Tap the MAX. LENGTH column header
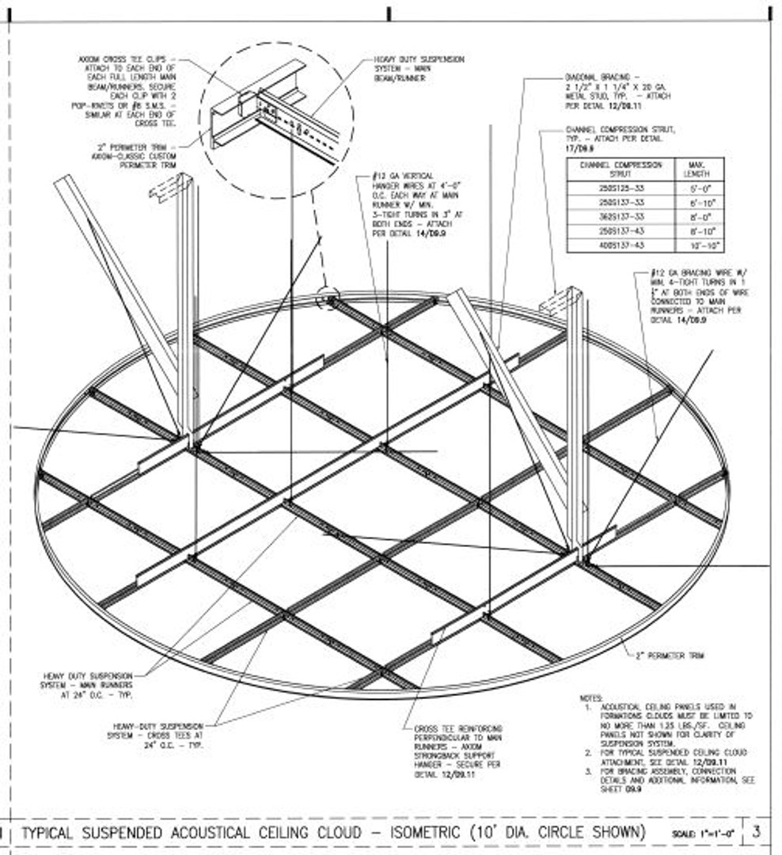pyautogui.click(x=700, y=169)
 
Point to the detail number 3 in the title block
pyautogui.click(x=757, y=831)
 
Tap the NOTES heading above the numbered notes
pyautogui.click(x=591, y=697)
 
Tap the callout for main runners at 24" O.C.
pyautogui.click(x=88, y=686)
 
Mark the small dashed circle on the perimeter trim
pyautogui.click(x=328, y=298)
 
